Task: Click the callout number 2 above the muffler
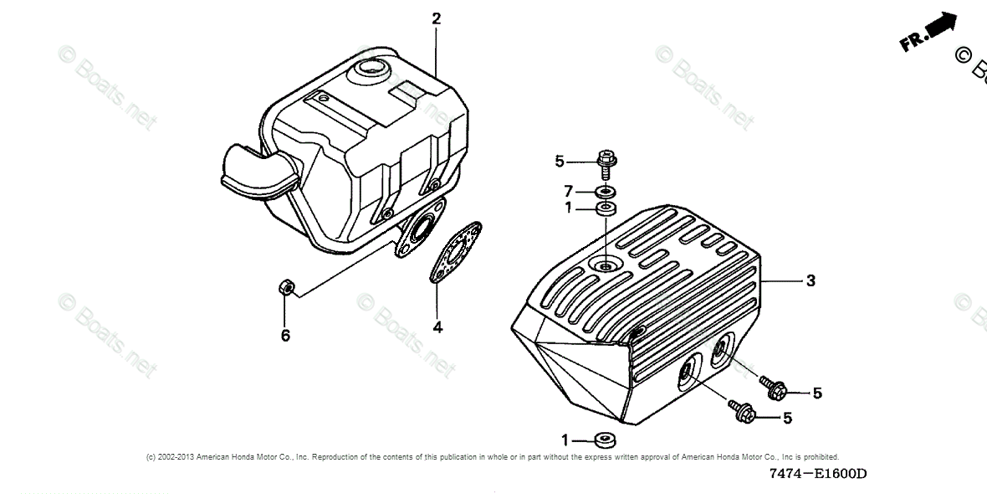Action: point(436,18)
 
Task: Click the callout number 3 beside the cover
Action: point(811,281)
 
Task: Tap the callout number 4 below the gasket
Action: point(437,327)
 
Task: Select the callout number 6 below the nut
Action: point(285,336)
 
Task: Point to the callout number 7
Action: point(569,192)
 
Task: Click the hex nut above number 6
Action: point(284,288)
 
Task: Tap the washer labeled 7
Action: point(606,193)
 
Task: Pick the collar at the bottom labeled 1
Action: point(603,440)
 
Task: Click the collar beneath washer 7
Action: point(606,208)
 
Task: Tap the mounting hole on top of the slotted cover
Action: point(606,266)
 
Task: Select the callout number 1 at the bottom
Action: point(565,440)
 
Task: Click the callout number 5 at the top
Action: point(560,161)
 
